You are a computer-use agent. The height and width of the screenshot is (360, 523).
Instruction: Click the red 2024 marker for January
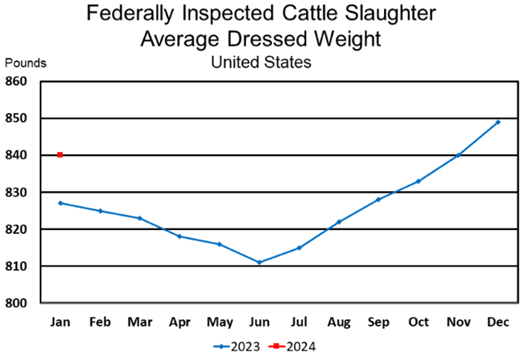click(x=60, y=154)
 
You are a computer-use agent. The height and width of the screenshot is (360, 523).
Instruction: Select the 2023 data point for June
click(x=259, y=262)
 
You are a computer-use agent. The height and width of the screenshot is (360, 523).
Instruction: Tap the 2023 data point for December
click(x=498, y=122)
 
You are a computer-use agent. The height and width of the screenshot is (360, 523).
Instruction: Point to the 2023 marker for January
click(x=60, y=203)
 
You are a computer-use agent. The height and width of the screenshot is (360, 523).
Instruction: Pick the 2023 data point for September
click(x=378, y=199)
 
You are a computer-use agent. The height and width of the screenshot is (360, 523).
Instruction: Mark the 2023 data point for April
click(x=179, y=236)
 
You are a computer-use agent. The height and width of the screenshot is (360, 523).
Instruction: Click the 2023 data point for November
click(x=458, y=155)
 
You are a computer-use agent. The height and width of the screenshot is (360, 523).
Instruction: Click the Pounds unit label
click(x=26, y=63)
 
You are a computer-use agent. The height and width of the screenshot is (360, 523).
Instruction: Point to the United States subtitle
click(x=261, y=61)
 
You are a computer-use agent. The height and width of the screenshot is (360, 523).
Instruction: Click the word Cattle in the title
click(x=311, y=14)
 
